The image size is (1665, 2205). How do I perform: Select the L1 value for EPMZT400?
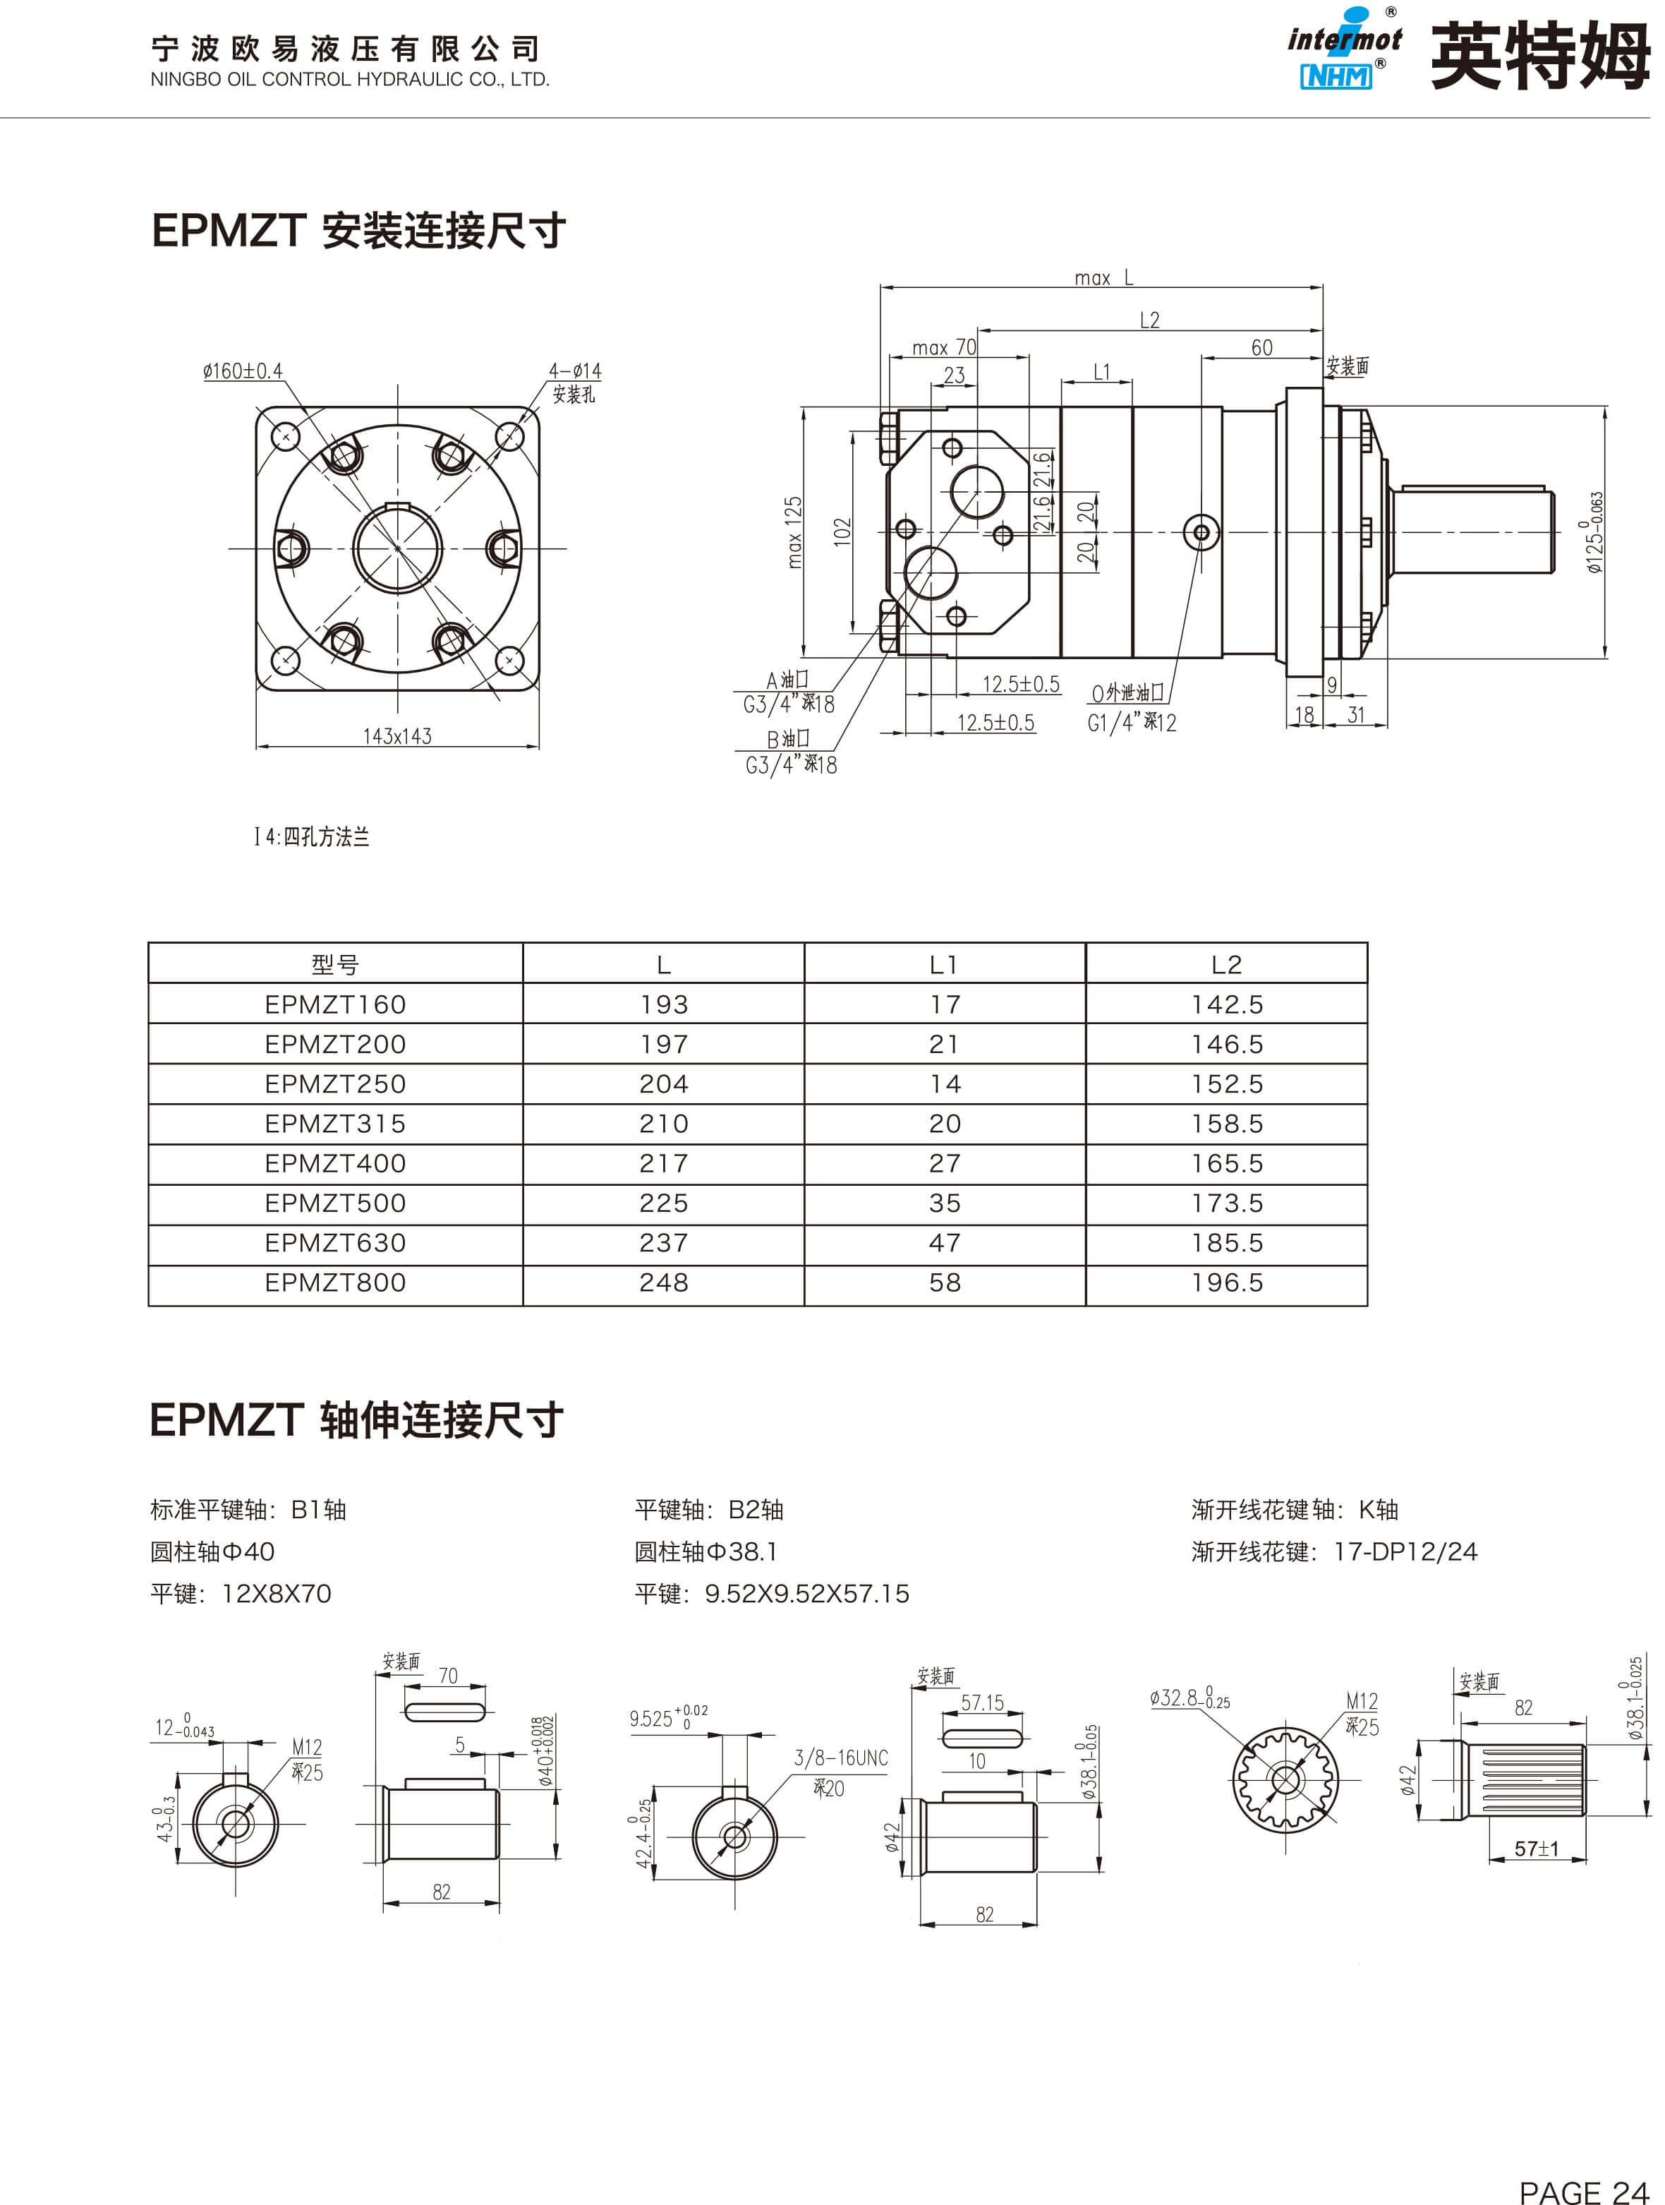945,1163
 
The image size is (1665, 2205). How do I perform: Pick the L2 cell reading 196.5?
1227,1283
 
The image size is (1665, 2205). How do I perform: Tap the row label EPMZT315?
335,1124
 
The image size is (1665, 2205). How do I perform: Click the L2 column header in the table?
1227,964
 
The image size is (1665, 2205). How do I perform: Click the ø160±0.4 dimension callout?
243,371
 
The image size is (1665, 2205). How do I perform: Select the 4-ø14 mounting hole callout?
575,371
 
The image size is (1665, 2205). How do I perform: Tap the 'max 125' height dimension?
794,532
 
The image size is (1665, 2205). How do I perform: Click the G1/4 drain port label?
1131,723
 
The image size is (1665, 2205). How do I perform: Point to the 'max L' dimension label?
1103,278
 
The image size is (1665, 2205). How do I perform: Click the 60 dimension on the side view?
1261,348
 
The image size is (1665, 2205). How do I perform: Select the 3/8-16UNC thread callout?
840,1758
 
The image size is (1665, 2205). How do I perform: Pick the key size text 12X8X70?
276,1594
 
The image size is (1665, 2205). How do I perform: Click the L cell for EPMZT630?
664,1243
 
